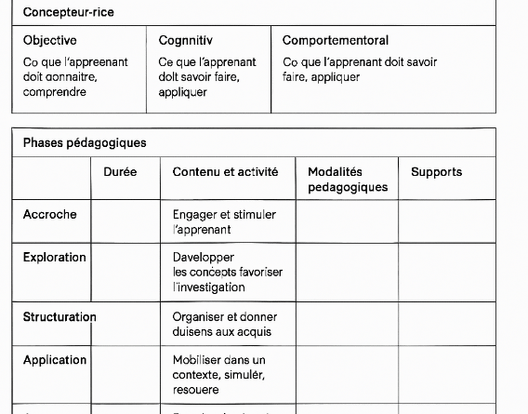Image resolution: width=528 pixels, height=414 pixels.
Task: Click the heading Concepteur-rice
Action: click(x=63, y=13)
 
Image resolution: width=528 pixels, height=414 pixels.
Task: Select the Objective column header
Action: click(x=50, y=41)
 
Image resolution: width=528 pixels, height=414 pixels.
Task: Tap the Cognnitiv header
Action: click(x=186, y=41)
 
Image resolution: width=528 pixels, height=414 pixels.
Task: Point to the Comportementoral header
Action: click(x=336, y=41)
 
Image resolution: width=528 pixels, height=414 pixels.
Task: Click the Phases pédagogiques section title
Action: click(x=85, y=143)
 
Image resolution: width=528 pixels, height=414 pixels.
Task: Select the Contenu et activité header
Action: click(x=225, y=172)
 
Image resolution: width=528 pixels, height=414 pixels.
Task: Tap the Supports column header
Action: click(x=436, y=172)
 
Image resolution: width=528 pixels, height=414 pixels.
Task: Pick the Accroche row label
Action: click(x=50, y=215)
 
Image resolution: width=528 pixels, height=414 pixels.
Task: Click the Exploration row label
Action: click(x=55, y=258)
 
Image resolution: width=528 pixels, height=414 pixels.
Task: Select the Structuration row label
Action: click(x=59, y=317)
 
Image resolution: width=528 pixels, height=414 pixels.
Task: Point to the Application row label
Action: click(x=55, y=360)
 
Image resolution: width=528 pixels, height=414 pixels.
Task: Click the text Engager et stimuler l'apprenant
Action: click(x=224, y=221)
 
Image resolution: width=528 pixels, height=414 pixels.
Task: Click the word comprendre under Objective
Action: click(x=54, y=92)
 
